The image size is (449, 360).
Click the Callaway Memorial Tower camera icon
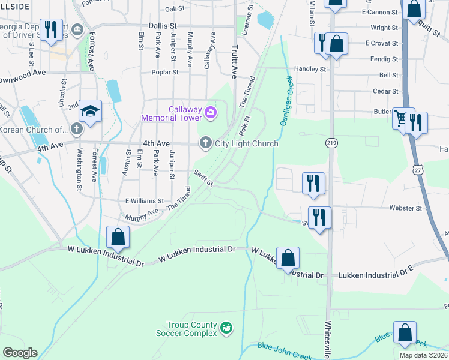click(x=211, y=111)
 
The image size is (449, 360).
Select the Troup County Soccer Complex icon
click(x=226, y=328)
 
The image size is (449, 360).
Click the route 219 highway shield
click(x=331, y=142)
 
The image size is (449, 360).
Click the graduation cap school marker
click(x=91, y=112)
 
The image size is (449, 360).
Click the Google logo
click(x=20, y=353)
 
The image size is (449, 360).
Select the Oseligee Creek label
click(x=287, y=98)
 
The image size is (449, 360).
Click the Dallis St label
click(x=164, y=26)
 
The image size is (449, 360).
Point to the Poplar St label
click(x=167, y=72)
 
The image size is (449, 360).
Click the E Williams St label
click(x=144, y=201)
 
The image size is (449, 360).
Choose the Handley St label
click(x=310, y=69)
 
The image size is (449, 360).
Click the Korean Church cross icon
click(x=76, y=128)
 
